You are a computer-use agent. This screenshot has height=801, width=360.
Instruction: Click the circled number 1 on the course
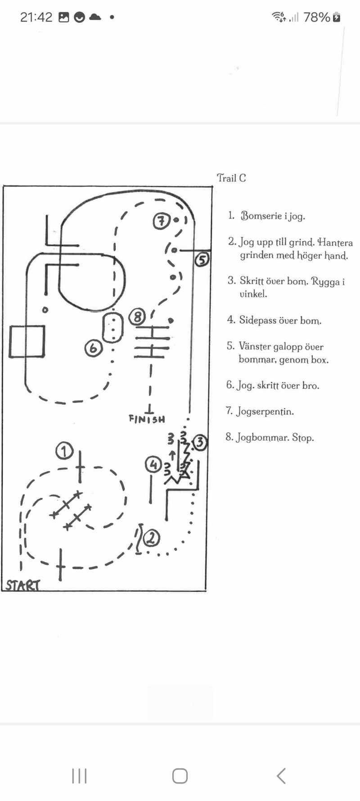[65, 451]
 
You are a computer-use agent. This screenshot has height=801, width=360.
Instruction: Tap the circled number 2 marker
[152, 537]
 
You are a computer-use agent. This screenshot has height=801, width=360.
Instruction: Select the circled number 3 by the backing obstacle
[200, 443]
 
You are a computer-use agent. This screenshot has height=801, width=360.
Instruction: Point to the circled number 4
[153, 465]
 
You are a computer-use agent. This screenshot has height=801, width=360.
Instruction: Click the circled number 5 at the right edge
[202, 259]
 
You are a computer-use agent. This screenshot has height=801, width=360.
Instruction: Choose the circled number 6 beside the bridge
[94, 348]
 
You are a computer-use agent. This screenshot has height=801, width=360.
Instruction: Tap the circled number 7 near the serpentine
[161, 221]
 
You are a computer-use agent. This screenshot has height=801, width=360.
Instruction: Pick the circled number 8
[138, 317]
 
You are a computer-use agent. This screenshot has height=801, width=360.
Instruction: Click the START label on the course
[23, 585]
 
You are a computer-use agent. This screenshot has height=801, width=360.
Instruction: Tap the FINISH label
[147, 419]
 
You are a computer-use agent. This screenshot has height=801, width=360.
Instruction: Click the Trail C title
[231, 178]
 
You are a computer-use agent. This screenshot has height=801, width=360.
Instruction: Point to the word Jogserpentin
[265, 412]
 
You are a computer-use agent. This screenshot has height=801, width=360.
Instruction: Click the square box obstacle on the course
[27, 342]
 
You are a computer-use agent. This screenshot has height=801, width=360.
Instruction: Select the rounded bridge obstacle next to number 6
[113, 327]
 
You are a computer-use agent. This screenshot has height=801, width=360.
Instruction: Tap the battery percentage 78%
[316, 18]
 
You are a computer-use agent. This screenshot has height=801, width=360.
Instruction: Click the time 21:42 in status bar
[36, 18]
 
